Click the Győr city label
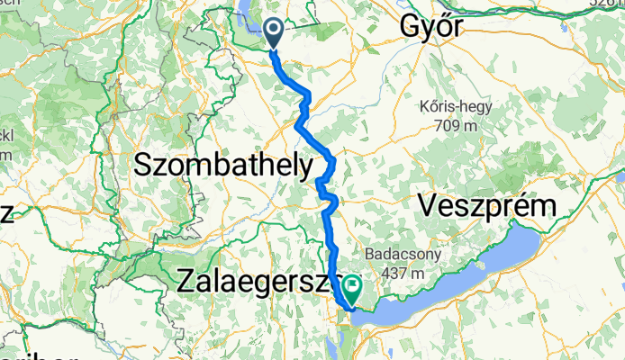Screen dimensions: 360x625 click(x=433, y=27)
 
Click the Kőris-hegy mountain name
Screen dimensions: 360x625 click(x=456, y=107)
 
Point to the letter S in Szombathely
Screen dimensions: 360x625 click(x=141, y=166)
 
